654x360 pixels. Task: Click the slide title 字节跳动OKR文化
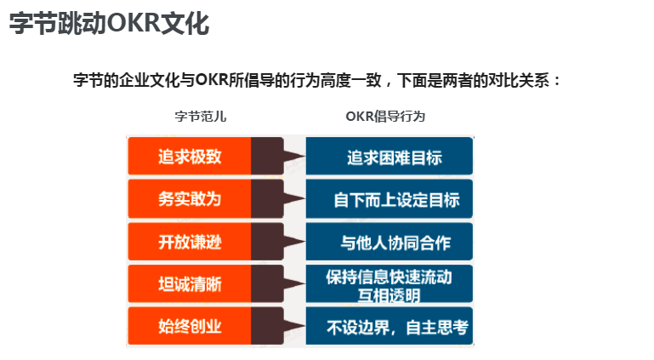[109, 23]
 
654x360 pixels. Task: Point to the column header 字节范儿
[200, 117]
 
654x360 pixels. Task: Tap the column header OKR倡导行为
[385, 117]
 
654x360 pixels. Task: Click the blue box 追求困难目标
[389, 157]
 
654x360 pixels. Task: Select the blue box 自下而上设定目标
[389, 199]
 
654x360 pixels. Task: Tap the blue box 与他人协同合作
[389, 242]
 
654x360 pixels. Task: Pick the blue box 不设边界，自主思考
[389, 326]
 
